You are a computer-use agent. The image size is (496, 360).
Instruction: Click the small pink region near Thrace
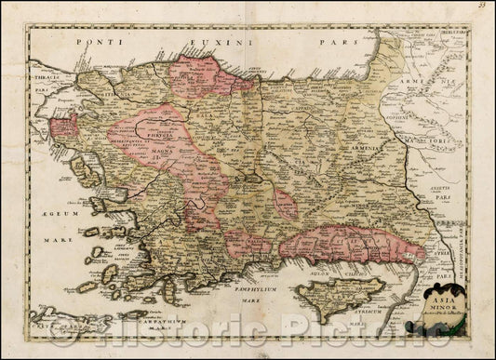click(65, 127)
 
